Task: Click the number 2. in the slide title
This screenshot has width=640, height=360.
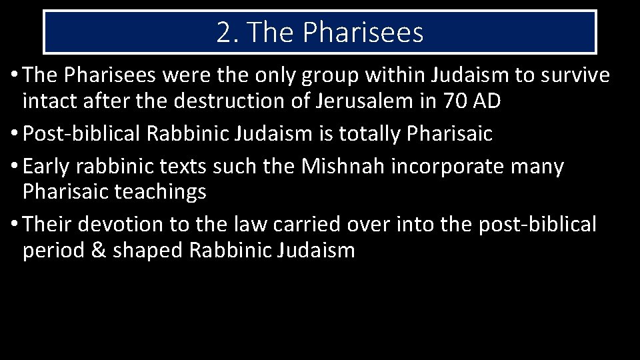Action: pos(227,32)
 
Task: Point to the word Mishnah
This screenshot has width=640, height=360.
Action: pos(343,166)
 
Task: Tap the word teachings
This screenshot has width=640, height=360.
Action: pos(160,192)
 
